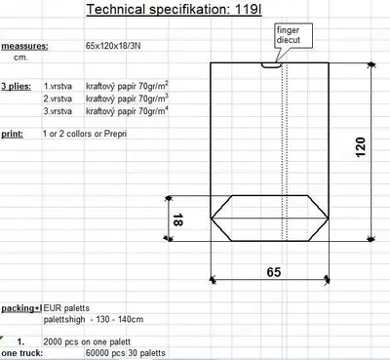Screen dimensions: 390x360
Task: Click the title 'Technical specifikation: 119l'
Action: point(174,9)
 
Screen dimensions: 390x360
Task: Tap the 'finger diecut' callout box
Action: point(293,36)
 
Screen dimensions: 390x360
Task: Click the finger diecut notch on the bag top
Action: point(271,65)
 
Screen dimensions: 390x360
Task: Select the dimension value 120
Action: point(360,147)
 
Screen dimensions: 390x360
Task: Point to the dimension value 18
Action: point(177,220)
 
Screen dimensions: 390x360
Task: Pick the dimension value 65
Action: point(274,272)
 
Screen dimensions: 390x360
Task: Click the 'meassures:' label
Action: point(24,46)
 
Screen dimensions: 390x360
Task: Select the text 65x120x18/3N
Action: point(113,46)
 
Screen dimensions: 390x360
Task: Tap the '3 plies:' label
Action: point(17,87)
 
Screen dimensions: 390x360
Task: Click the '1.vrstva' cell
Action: point(58,87)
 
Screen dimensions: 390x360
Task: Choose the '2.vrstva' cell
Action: point(58,99)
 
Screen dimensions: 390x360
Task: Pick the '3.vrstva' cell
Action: point(58,111)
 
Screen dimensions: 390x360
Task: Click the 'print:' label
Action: point(13,134)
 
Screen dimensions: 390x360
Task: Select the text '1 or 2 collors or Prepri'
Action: point(85,134)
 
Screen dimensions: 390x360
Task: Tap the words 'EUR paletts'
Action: point(66,307)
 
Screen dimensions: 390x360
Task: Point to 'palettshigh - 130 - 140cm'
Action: point(94,319)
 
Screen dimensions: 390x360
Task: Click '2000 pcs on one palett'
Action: point(87,341)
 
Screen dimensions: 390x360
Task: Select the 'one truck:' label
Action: point(21,353)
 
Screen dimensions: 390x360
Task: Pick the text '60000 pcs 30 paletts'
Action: point(126,353)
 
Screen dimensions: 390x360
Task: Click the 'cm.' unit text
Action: point(20,58)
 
